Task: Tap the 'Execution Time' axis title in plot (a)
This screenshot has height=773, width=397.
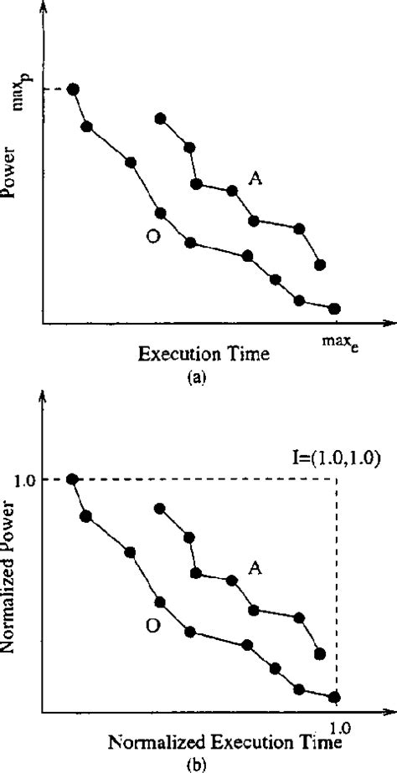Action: coord(204,354)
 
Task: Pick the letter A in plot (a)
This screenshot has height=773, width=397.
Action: coord(255,177)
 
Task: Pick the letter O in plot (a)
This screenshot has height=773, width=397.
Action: coord(152,237)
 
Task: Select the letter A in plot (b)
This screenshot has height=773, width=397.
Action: coord(255,567)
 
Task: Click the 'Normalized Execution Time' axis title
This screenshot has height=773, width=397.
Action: coord(203,742)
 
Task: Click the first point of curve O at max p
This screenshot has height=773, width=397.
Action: coord(73,90)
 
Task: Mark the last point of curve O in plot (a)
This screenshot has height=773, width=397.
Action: coord(335,309)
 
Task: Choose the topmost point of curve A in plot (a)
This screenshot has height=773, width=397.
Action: coord(160,118)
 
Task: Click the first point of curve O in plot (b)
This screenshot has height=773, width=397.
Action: coord(73,479)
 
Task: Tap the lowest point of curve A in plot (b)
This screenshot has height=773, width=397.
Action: coord(319,653)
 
